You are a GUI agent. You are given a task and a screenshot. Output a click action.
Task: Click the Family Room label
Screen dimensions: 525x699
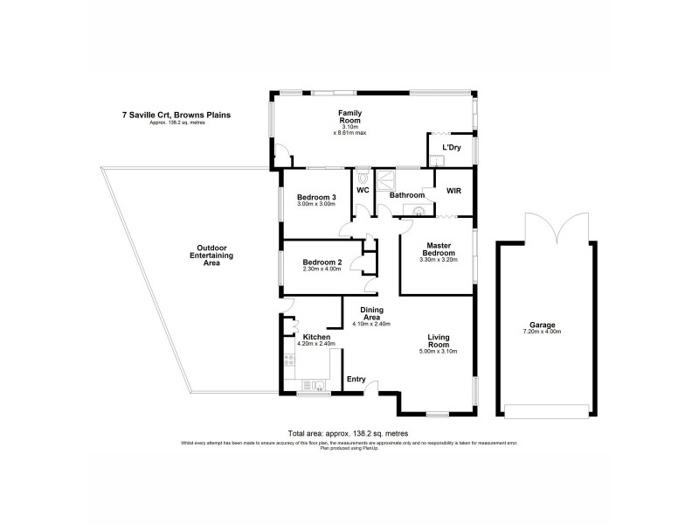[x=350, y=117]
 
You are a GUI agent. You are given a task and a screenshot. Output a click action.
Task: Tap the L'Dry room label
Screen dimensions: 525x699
[x=451, y=147]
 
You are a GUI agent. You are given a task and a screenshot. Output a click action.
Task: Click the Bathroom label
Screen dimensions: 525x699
[x=406, y=195]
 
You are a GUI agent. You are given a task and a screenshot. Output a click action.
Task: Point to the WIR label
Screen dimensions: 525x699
[x=453, y=190]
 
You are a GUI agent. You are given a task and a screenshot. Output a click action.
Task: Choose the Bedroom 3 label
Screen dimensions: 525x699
[x=316, y=197]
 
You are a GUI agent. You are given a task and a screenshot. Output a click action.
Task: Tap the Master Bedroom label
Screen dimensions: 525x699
[x=437, y=250]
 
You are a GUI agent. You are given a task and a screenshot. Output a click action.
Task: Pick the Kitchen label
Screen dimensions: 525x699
[x=315, y=337]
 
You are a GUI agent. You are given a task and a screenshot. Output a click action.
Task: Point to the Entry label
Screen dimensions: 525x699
[x=356, y=379]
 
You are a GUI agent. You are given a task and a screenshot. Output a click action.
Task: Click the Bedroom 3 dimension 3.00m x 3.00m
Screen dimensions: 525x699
[x=316, y=205]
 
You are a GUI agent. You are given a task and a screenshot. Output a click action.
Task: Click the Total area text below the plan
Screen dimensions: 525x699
[x=348, y=433]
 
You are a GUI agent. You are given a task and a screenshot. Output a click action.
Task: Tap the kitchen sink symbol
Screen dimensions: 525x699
[x=313, y=384]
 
